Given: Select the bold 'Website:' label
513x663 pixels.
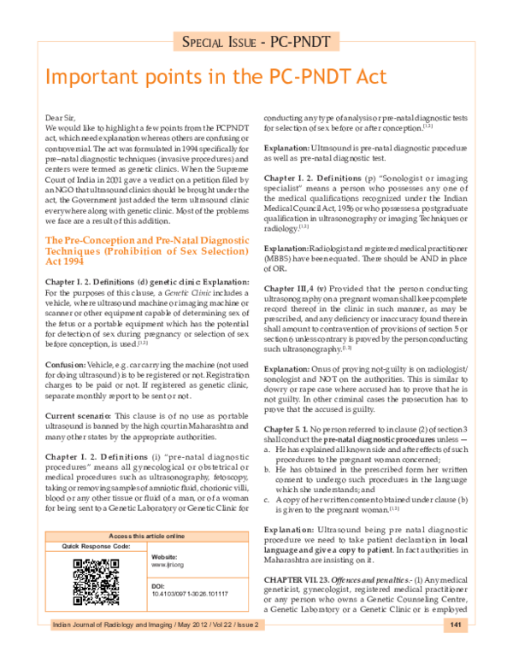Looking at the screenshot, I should click(x=164, y=556).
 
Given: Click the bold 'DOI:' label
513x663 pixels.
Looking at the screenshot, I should click(x=157, y=586).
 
